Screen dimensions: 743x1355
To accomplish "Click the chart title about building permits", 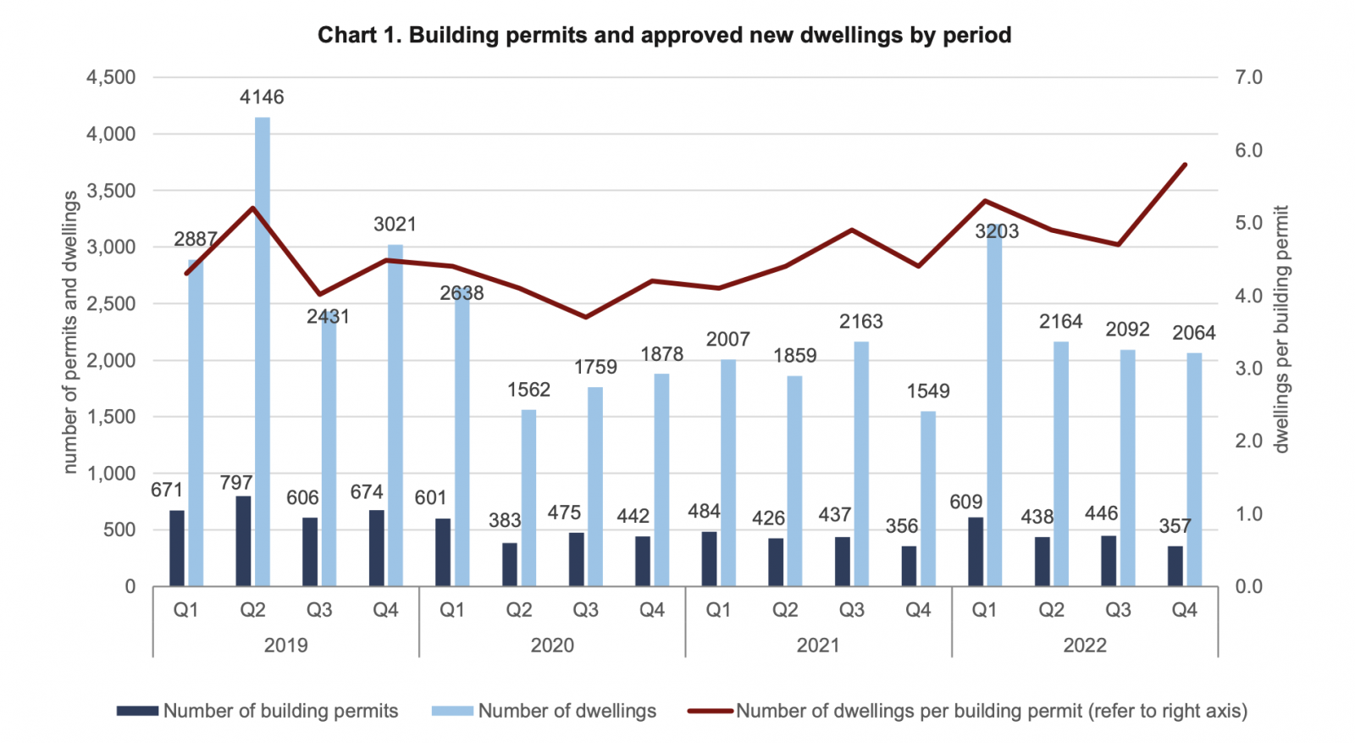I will (664, 36).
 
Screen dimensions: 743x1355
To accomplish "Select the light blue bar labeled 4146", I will (263, 352).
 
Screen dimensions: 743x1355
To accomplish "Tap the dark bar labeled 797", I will (243, 541).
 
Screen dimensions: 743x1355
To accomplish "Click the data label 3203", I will (997, 231).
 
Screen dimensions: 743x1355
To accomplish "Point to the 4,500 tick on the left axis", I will (111, 78).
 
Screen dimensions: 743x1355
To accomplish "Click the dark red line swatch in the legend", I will (710, 712).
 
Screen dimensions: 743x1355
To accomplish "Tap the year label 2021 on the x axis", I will (818, 646).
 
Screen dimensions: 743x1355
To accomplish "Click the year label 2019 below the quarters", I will (286, 646).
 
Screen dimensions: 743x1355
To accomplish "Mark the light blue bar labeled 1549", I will (928, 499).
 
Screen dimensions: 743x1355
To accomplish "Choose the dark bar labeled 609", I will (976, 552).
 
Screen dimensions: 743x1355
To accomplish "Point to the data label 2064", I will (1194, 333).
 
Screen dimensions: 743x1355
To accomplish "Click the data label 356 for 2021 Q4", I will (902, 526).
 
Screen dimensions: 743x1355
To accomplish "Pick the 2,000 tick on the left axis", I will (111, 361).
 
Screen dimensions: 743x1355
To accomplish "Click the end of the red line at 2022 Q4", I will (1186, 164).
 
